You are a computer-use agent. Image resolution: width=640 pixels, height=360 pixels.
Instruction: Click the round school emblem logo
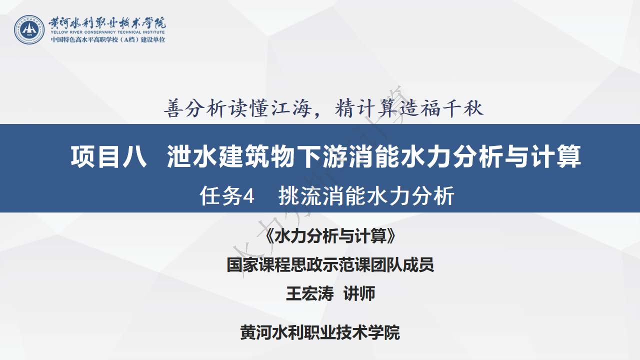coord(29,29)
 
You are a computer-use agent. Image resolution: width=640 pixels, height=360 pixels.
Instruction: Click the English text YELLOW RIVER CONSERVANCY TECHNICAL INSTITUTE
coord(107,32)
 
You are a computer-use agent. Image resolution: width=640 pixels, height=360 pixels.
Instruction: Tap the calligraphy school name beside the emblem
coord(107,23)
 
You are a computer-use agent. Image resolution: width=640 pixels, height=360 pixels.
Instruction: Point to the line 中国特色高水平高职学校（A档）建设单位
coord(108,39)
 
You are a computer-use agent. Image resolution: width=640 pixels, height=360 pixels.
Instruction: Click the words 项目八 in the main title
coord(109,156)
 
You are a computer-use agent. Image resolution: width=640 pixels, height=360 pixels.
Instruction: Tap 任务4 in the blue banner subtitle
coord(227,195)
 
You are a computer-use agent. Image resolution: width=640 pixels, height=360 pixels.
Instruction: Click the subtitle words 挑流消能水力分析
coord(366,195)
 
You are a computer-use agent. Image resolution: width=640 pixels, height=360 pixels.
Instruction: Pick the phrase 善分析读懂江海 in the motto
coord(237,108)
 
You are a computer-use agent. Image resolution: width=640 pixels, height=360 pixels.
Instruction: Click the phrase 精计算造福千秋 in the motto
coord(409,108)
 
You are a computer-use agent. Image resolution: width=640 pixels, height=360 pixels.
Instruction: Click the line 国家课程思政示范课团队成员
coord(330,264)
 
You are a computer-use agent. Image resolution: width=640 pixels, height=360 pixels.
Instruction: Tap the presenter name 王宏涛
coord(309,293)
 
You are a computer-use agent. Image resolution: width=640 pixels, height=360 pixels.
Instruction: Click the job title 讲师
coord(359,293)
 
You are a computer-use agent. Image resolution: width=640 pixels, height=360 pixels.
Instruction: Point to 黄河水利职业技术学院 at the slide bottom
coord(320,332)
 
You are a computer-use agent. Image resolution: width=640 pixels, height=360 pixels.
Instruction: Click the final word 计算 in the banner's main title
coord(556,156)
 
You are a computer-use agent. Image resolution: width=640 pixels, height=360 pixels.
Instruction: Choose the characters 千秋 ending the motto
coord(462,108)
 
